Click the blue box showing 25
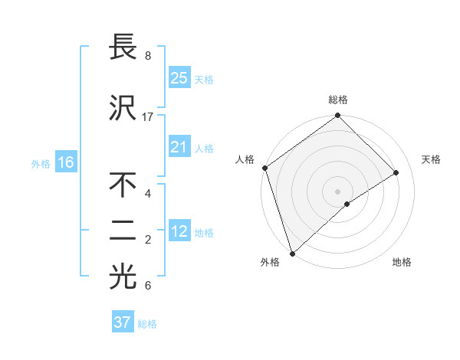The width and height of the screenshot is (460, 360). tap(179, 77)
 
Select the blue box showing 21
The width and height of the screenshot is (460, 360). tap(179, 147)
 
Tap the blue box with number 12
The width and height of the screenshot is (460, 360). tap(179, 231)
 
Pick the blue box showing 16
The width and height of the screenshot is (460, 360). tap(65, 162)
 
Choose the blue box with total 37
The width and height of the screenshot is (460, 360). tap(122, 322)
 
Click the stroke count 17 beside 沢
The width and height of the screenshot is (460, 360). tap(148, 117)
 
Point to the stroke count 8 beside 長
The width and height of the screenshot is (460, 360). tap(147, 56)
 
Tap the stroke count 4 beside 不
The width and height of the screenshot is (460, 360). tap(147, 193)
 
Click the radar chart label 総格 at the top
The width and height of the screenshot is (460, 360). tap(338, 100)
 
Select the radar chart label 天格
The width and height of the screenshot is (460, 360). tap(431, 159)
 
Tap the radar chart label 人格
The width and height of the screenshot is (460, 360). tap(245, 159)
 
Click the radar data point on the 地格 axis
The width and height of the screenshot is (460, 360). tap(347, 204)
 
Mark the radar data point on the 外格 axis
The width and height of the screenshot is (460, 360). tap(291, 253)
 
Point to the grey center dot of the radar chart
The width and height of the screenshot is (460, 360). tap(337, 191)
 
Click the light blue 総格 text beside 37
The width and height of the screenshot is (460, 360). tap(147, 324)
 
